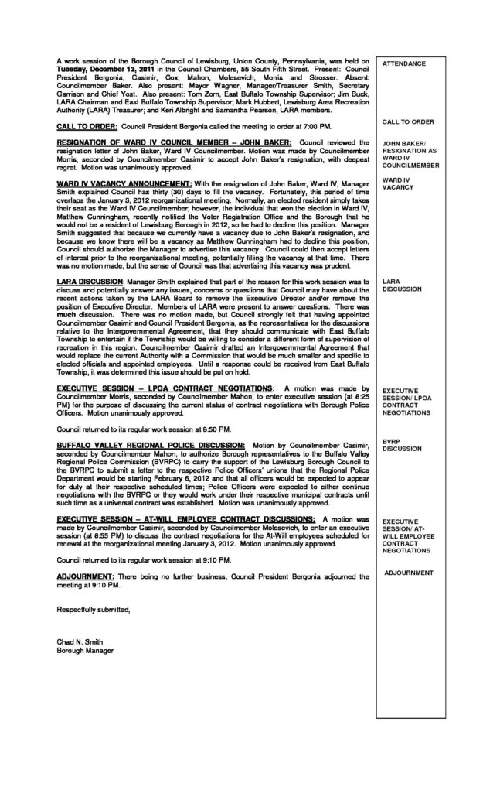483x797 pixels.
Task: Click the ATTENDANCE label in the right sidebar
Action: coord(404,63)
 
